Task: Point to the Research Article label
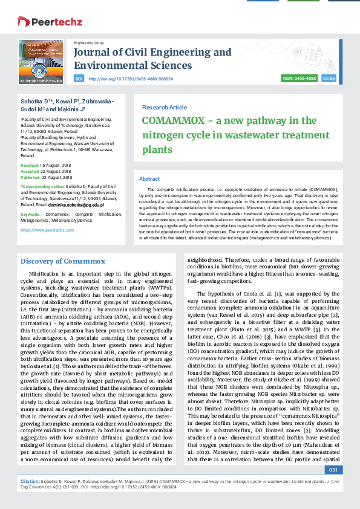point(165,107)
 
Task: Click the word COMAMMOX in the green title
point(172,120)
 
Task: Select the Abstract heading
point(149,179)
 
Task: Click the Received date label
point(30,165)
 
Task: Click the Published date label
point(31,177)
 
